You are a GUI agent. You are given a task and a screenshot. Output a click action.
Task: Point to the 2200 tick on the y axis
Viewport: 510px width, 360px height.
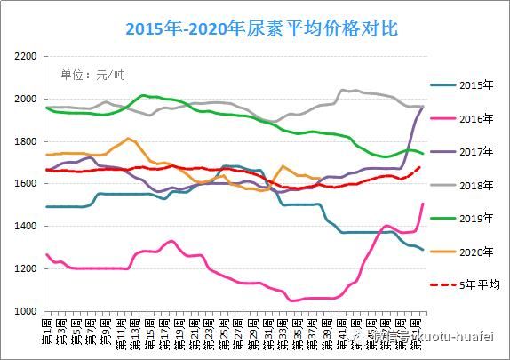click(26, 56)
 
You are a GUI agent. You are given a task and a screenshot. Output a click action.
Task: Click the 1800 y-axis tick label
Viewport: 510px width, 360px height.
click(26, 141)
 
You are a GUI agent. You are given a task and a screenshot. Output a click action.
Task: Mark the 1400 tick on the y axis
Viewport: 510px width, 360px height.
click(26, 227)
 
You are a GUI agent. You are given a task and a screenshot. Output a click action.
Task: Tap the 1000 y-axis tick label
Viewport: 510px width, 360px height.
click(26, 312)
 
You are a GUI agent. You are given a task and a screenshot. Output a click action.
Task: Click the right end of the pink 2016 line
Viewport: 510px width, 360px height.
click(423, 204)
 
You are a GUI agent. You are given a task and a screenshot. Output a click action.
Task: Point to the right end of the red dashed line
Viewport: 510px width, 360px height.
click(421, 166)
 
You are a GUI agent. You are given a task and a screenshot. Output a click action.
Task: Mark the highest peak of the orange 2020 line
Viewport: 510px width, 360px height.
click(129, 139)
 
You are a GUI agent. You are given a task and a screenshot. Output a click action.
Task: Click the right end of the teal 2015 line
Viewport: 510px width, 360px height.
click(423, 250)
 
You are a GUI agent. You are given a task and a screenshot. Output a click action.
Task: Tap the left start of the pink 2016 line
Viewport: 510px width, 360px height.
click(46, 254)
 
